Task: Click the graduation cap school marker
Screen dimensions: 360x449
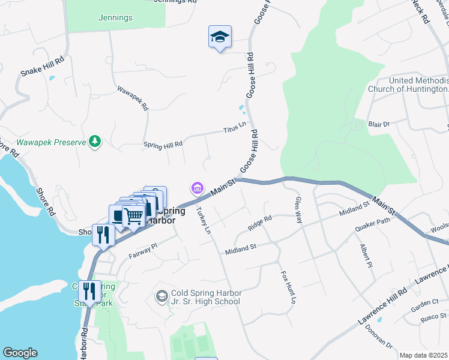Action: tap(220, 38)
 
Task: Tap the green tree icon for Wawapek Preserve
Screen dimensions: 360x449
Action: tap(94, 142)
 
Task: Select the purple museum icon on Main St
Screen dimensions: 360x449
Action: tap(197, 189)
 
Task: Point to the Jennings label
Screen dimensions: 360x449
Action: tap(115, 18)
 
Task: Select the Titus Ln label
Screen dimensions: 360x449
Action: tap(235, 128)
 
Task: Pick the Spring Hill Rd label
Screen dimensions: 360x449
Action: tap(163, 144)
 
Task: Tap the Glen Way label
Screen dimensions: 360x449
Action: tap(297, 210)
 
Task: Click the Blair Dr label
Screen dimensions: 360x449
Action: tap(379, 124)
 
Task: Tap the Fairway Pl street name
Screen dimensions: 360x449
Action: tap(142, 250)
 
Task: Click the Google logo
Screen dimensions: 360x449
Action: tap(20, 353)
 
